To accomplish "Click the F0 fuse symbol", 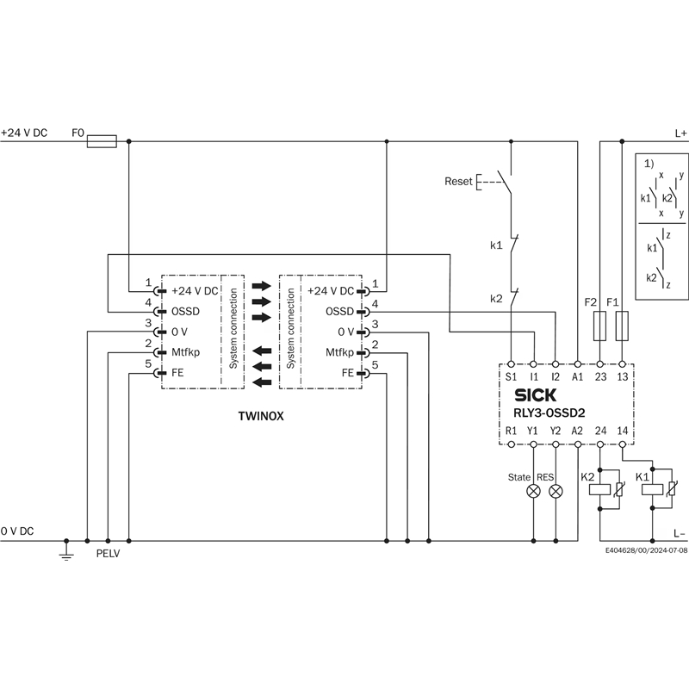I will point(102,139).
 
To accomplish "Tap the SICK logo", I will point(534,395).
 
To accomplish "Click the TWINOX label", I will point(261,414).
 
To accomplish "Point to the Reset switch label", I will point(458,182).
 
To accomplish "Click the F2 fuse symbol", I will point(600,326).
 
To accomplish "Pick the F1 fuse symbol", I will point(622,326).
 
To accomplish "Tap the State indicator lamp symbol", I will point(534,491).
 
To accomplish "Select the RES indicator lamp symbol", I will point(556,491).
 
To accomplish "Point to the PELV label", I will point(108,554).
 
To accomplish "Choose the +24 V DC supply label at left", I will point(24,133).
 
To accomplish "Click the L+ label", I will point(680,133).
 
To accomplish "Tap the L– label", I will point(680,534).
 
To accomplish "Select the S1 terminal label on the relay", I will point(512,377).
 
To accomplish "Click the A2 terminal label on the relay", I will point(578,430).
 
